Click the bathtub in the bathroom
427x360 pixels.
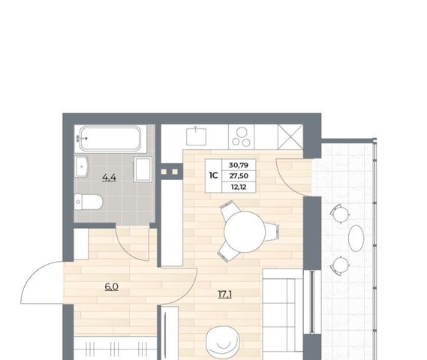[x=110, y=139]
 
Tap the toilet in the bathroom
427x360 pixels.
[x=89, y=202]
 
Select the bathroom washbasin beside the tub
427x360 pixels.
[x=81, y=166]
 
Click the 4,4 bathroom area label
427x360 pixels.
[x=110, y=178]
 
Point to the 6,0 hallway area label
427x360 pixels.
[x=112, y=286]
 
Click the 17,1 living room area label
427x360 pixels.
[x=225, y=294]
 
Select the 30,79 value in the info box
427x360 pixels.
[x=239, y=165]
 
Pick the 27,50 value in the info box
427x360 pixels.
[x=239, y=175]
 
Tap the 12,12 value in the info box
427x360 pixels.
[x=239, y=187]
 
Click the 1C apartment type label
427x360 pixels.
[x=213, y=175]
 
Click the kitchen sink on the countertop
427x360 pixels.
[x=196, y=136]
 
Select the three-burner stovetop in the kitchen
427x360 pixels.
[x=242, y=136]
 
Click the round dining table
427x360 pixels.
[x=245, y=232]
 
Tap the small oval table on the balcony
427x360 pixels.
[x=356, y=238]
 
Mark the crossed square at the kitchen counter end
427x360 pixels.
[x=290, y=136]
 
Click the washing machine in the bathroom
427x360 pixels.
[x=143, y=169]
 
